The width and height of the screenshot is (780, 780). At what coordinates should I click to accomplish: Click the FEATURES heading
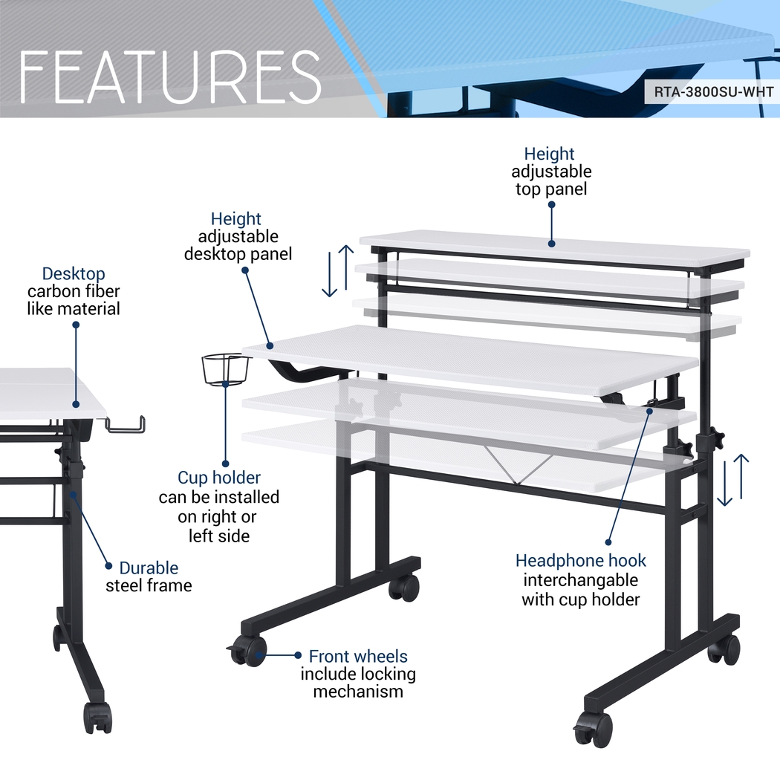pos(169,76)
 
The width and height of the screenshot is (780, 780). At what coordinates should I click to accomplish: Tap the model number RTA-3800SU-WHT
pos(713,92)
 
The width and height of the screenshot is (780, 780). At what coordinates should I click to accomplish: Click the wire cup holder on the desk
pos(225,369)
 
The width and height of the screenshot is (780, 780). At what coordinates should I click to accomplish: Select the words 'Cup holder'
pos(219,478)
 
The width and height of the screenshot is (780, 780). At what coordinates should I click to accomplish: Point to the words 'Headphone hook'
pos(580,561)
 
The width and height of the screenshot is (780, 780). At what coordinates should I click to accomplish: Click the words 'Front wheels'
pos(358,656)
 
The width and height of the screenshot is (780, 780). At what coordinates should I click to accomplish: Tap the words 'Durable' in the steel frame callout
pos(149,568)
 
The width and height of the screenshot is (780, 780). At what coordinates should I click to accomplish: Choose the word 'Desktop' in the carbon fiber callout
pos(74,273)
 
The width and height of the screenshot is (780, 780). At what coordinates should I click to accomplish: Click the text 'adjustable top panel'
pos(551,180)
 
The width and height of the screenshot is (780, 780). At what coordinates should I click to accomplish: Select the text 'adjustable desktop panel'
pos(238,245)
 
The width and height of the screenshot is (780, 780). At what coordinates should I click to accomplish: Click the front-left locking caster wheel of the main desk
pos(247,651)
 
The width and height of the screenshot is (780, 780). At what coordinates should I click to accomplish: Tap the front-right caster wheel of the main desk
pos(594,729)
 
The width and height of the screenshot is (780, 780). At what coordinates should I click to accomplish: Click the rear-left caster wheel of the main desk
pos(404,588)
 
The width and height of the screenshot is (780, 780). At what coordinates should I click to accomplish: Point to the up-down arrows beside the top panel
pos(337,271)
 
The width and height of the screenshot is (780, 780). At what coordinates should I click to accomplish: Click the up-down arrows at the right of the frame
pos(732,480)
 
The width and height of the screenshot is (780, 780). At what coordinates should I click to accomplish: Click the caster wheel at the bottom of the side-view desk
pos(97,718)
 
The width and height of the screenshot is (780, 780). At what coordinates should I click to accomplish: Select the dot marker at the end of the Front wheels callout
pos(298,655)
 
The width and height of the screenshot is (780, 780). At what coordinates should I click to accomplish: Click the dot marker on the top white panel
pos(552,243)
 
